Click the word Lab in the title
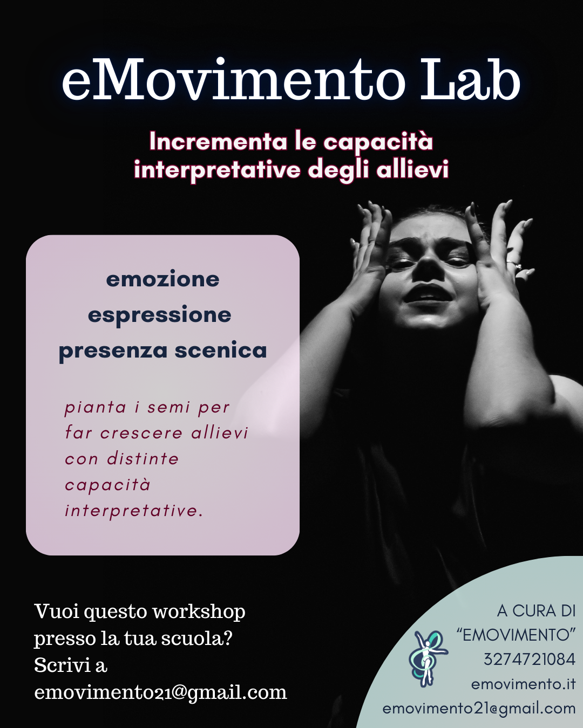point(470,79)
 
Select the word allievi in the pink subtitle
point(412,169)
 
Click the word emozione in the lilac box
point(162,279)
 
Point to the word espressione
point(160,315)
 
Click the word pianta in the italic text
point(96,408)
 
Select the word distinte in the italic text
point(143,459)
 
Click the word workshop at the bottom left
point(199,612)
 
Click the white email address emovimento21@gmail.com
point(160,692)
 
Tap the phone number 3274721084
point(530,660)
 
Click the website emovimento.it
point(524,684)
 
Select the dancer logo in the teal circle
point(428,658)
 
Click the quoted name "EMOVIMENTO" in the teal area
point(516,635)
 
